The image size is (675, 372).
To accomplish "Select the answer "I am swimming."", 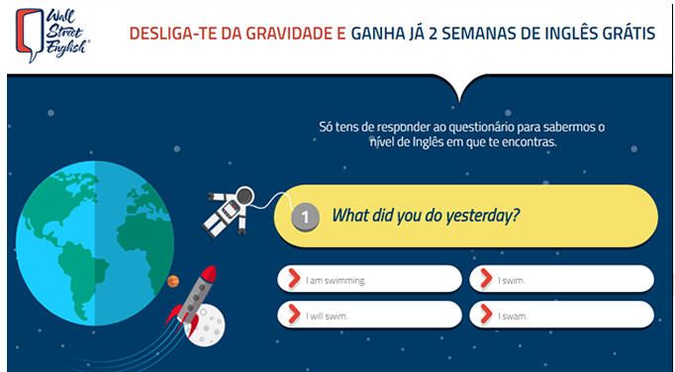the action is tap(369, 279).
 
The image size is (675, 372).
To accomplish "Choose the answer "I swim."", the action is tap(561, 279).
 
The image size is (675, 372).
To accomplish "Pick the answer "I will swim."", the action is tap(369, 315).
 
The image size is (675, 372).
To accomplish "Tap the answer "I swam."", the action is tap(561, 315).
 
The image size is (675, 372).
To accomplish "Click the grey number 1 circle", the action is tap(305, 217).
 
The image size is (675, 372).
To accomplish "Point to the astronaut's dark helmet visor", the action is tap(244, 196).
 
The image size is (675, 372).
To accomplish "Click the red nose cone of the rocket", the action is tap(209, 273).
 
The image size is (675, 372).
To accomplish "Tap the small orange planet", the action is tap(173, 281).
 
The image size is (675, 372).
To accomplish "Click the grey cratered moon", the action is tap(206, 325).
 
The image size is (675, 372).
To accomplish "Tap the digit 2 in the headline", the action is tap(433, 34).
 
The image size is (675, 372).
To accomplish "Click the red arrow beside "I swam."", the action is tap(486, 315).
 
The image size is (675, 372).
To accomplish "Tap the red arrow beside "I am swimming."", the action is tap(294, 279).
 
